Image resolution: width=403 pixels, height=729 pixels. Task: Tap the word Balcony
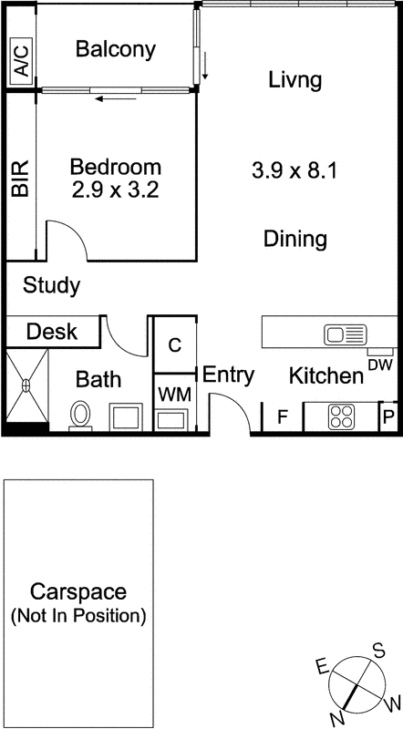(x=116, y=49)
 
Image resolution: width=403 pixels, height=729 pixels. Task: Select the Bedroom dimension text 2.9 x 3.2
(x=116, y=190)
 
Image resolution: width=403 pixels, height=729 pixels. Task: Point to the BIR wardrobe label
(x=20, y=178)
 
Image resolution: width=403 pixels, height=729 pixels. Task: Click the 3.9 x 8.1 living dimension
(x=294, y=171)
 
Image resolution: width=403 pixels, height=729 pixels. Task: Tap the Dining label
(x=295, y=239)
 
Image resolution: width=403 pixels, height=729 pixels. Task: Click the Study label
(x=52, y=286)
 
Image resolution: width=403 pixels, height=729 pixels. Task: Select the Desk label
(x=52, y=332)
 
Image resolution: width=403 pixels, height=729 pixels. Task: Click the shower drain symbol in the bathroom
(x=26, y=385)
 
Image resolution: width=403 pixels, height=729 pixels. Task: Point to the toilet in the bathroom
(x=80, y=415)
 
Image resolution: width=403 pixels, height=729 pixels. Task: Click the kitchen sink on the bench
(x=346, y=334)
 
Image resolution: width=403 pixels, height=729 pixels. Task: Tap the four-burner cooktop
(x=342, y=416)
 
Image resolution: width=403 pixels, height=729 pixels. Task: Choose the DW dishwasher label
(x=380, y=364)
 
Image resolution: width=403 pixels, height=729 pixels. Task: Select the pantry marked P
(x=388, y=417)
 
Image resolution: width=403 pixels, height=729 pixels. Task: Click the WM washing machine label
(x=174, y=395)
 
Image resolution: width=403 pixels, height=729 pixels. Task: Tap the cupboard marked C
(x=174, y=345)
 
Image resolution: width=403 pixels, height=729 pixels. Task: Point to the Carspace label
(x=78, y=593)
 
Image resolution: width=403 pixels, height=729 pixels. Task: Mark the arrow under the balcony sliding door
(x=116, y=98)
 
